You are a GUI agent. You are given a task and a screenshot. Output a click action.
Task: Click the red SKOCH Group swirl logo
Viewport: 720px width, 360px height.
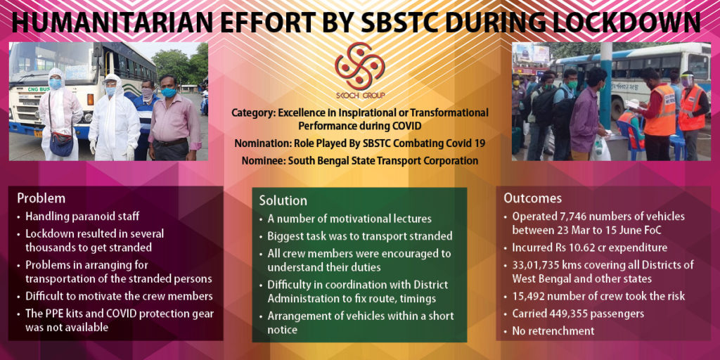click(x=359, y=67)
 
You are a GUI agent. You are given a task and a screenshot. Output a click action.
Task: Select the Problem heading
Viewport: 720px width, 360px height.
click(x=41, y=198)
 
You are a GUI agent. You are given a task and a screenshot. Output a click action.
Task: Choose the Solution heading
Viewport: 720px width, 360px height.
click(x=283, y=200)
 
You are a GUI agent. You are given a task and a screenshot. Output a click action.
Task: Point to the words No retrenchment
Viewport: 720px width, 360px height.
click(x=553, y=330)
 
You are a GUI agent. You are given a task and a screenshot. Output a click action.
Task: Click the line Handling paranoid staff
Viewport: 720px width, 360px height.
click(x=82, y=216)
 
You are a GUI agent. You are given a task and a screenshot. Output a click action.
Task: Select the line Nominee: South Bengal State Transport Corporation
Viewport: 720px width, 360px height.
click(x=359, y=161)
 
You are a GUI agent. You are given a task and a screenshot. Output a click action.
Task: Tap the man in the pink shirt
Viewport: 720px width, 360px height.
click(x=174, y=120)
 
